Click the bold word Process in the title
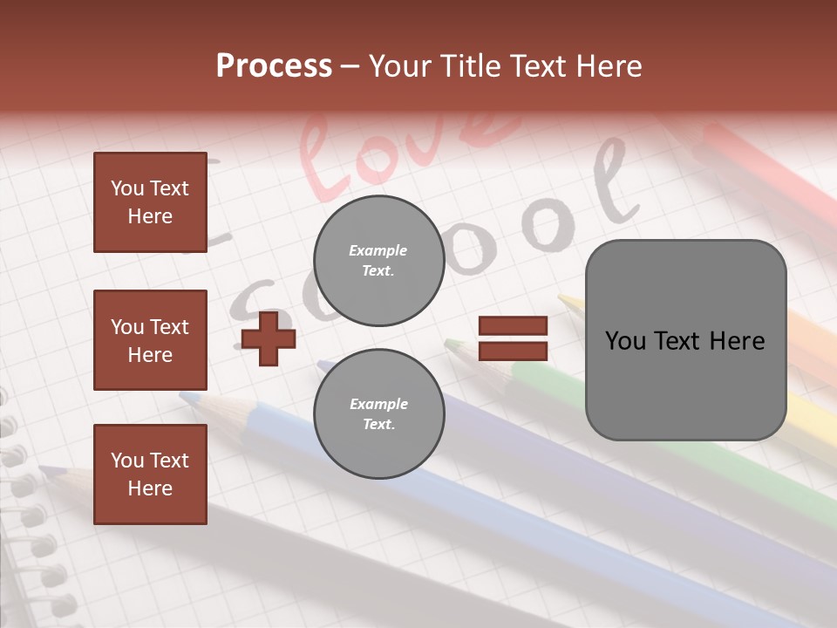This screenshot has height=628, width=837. click(x=274, y=66)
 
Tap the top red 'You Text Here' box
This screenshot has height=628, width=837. click(x=150, y=202)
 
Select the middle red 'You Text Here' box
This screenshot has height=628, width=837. click(x=150, y=340)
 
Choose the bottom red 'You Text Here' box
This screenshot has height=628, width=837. click(x=150, y=474)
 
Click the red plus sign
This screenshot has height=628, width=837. click(x=269, y=338)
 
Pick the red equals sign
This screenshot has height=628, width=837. click(x=513, y=338)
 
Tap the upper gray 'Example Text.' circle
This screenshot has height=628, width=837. click(x=378, y=261)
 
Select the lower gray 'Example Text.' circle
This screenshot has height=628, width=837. click(x=378, y=414)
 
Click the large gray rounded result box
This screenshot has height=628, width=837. click(x=685, y=340)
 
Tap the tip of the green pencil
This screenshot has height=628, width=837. click(x=450, y=344)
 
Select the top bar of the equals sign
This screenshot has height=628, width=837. click(x=513, y=326)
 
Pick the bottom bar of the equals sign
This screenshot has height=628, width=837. click(x=513, y=351)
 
